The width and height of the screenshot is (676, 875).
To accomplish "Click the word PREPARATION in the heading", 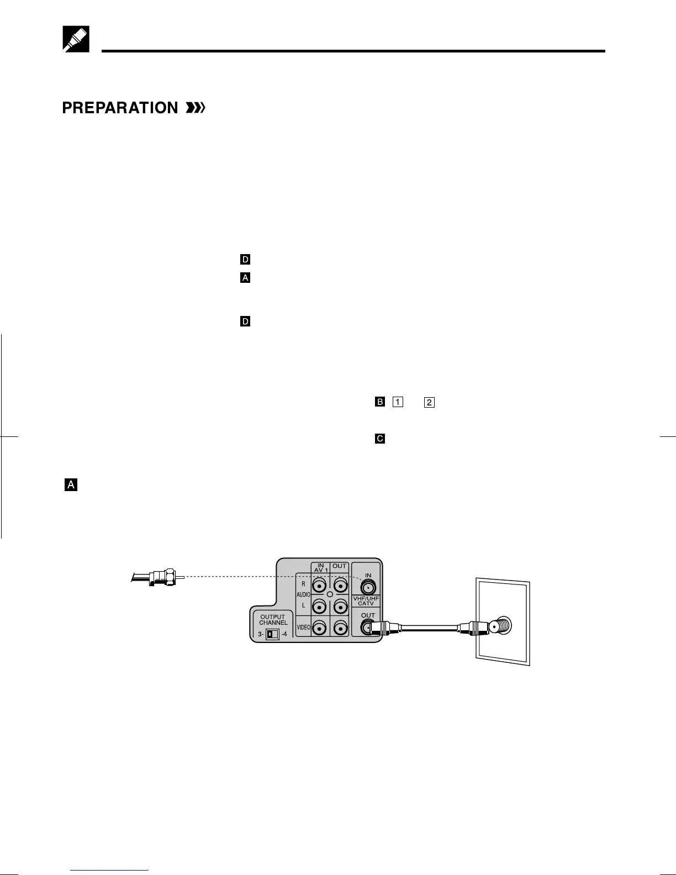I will [120, 108].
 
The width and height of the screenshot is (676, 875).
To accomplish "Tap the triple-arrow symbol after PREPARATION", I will [196, 108].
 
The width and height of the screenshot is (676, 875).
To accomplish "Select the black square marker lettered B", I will [379, 402].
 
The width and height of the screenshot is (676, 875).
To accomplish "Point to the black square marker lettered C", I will [379, 439].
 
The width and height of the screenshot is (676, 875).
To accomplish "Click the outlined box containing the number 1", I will [398, 402].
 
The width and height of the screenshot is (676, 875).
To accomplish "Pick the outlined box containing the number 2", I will [429, 402].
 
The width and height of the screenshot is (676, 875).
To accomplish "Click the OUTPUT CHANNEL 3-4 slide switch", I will [272, 634].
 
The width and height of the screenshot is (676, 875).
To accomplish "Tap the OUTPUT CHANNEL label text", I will [273, 620].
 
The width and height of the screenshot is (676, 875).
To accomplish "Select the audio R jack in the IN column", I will [319, 585].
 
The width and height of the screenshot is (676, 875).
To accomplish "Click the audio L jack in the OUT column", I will [340, 607].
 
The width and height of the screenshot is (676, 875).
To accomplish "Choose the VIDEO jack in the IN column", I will [319, 628].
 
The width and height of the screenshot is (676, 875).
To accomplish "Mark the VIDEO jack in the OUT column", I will [340, 628].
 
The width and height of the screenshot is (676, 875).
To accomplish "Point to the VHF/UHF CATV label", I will [366, 601].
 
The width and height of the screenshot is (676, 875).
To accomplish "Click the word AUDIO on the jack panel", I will [303, 595].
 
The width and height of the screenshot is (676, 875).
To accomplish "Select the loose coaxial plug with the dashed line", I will [161, 577].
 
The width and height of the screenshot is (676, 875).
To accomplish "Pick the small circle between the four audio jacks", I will [330, 594].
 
